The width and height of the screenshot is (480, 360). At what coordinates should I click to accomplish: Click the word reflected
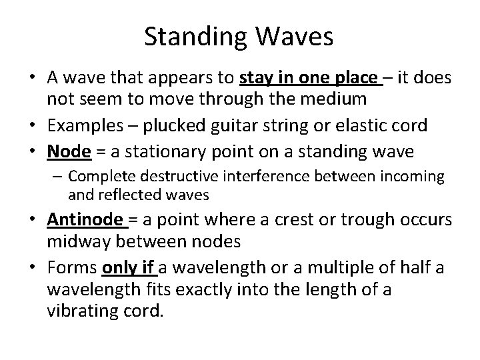pyautogui.click(x=121, y=195)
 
